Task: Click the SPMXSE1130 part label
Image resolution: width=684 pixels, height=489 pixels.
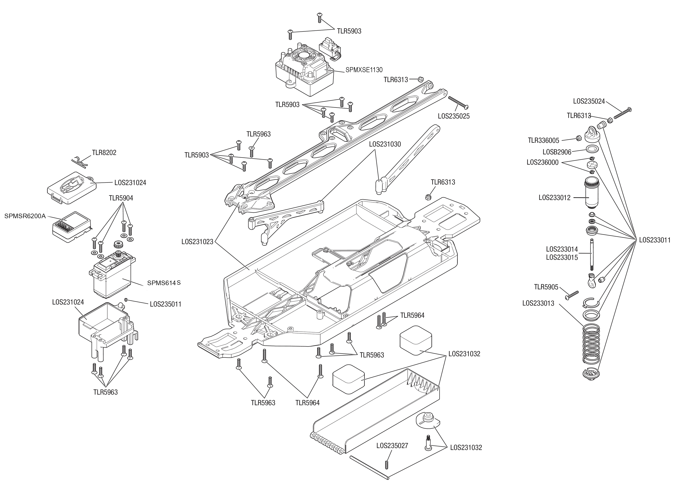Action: (x=364, y=70)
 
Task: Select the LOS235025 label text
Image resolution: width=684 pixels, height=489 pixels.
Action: (x=454, y=116)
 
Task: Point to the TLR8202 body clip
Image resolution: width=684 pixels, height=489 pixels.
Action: (x=79, y=161)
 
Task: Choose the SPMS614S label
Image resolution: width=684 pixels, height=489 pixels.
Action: (x=164, y=283)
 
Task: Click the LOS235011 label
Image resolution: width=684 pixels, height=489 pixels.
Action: (x=165, y=304)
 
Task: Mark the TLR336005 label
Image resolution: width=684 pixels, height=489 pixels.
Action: (x=544, y=141)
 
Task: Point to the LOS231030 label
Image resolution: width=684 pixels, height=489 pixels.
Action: (x=385, y=144)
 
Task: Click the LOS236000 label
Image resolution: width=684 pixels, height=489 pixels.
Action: (x=542, y=163)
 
